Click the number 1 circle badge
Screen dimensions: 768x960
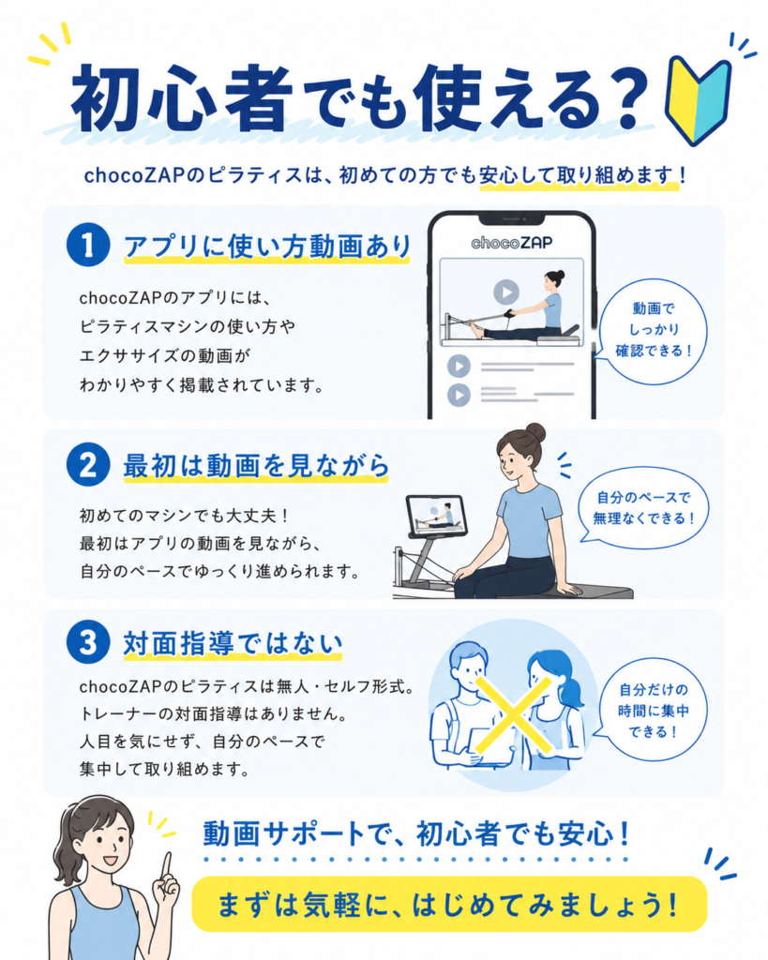pyautogui.click(x=88, y=245)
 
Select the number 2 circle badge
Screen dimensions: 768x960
pyautogui.click(x=88, y=464)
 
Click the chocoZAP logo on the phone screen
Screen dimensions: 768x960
pyautogui.click(x=511, y=243)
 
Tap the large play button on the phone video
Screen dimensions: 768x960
pyautogui.click(x=506, y=292)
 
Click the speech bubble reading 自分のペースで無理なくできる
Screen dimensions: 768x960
pyautogui.click(x=643, y=508)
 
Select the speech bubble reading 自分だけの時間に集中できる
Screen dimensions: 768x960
pyautogui.click(x=652, y=711)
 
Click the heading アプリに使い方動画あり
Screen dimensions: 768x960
pyautogui.click(x=267, y=247)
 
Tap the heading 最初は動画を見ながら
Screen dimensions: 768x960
pyautogui.click(x=257, y=466)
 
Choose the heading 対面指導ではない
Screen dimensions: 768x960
pyautogui.click(x=233, y=644)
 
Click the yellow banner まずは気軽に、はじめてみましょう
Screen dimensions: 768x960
pyautogui.click(x=449, y=905)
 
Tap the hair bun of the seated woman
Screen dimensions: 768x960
pyautogui.click(x=535, y=431)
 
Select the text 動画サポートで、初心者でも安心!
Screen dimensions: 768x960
pyautogui.click(x=416, y=833)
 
